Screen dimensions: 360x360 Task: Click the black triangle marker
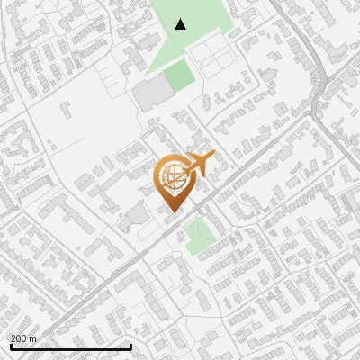point(181,24)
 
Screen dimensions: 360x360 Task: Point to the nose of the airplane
point(212,157)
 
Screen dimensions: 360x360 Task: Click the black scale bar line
point(69,346)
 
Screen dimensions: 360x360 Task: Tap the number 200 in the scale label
point(19,337)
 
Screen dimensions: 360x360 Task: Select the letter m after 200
point(33,338)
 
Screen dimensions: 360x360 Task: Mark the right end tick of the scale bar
point(131,346)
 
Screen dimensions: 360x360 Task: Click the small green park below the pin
point(201,237)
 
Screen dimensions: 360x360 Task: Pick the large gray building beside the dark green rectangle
point(149,95)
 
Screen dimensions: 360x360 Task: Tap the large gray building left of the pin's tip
point(138,215)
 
